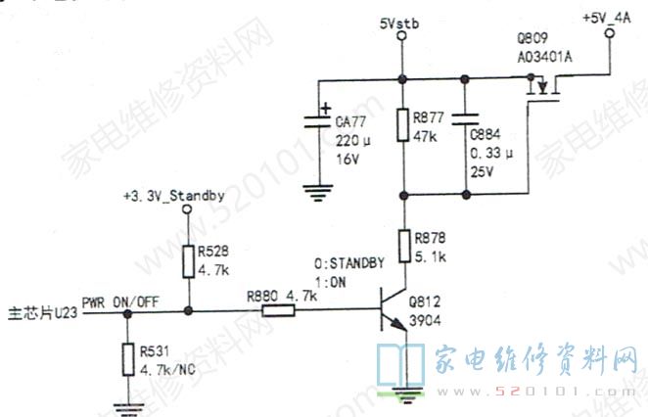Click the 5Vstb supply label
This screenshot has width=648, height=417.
pos(398,21)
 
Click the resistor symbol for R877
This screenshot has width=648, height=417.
pos(401,126)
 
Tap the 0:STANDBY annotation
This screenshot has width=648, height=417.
pos(348,262)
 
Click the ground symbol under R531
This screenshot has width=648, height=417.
pos(126,403)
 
